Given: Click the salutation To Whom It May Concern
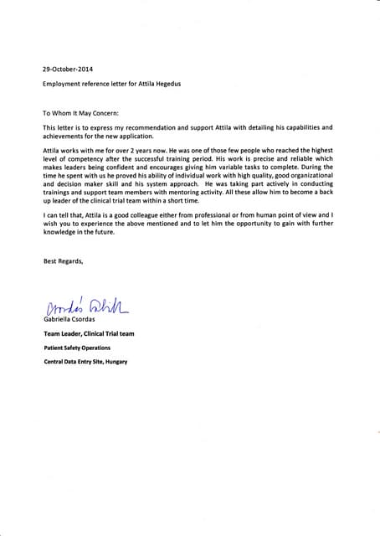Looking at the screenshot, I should pyautogui.click(x=80, y=111).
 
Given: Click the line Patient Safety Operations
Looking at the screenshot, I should pyautogui.click(x=77, y=348).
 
